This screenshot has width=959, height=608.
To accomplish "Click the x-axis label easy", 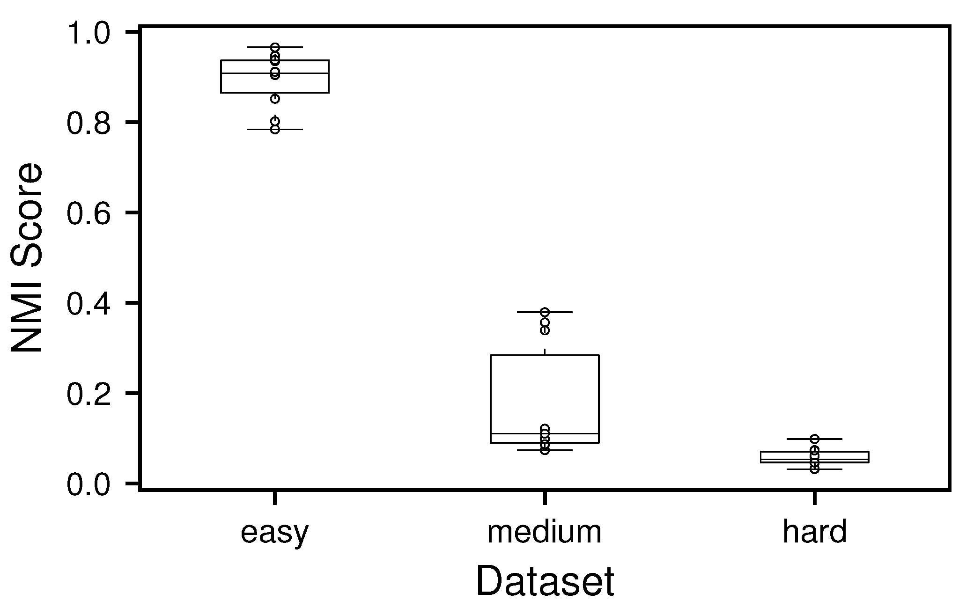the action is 274,533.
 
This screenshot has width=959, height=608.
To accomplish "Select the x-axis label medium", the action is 544,532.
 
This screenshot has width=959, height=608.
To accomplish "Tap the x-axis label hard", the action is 814,532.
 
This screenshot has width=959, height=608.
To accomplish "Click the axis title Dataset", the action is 545,582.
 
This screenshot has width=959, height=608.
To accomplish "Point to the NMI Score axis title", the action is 27,258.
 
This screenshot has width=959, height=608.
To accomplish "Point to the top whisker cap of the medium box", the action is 562,312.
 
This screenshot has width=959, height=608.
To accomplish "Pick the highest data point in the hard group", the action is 814,439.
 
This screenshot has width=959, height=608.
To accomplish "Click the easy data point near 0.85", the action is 275,99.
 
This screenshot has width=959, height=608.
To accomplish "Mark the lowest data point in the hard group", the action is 814,469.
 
